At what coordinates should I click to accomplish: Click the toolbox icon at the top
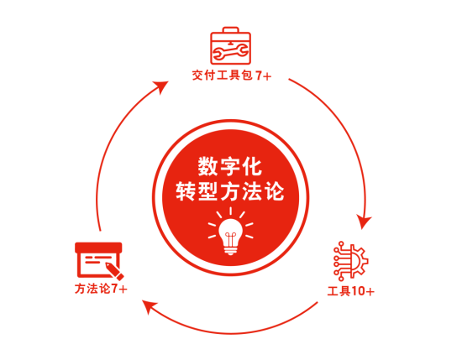point(230,46)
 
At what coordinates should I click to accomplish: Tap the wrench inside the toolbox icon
point(230,52)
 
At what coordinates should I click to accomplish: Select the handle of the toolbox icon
point(230,29)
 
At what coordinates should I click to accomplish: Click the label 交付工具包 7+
point(232,76)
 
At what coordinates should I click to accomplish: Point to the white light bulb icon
point(230,232)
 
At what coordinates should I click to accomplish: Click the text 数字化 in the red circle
point(230,166)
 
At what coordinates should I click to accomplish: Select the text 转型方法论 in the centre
point(230,191)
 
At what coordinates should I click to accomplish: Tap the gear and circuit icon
point(350,261)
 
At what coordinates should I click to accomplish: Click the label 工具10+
point(351,291)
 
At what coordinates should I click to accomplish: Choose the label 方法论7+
point(101,289)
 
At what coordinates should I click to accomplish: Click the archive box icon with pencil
point(99,261)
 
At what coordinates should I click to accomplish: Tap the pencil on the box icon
point(114,271)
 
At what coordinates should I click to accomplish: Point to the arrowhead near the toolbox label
point(161,86)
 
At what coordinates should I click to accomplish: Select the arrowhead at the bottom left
point(149,306)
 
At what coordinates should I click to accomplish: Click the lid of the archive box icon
point(98,248)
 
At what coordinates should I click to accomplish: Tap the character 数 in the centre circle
point(207,166)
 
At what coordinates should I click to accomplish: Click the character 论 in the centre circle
point(275,191)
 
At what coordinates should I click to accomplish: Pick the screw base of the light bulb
point(230,251)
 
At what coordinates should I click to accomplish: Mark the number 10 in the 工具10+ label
point(358,291)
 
